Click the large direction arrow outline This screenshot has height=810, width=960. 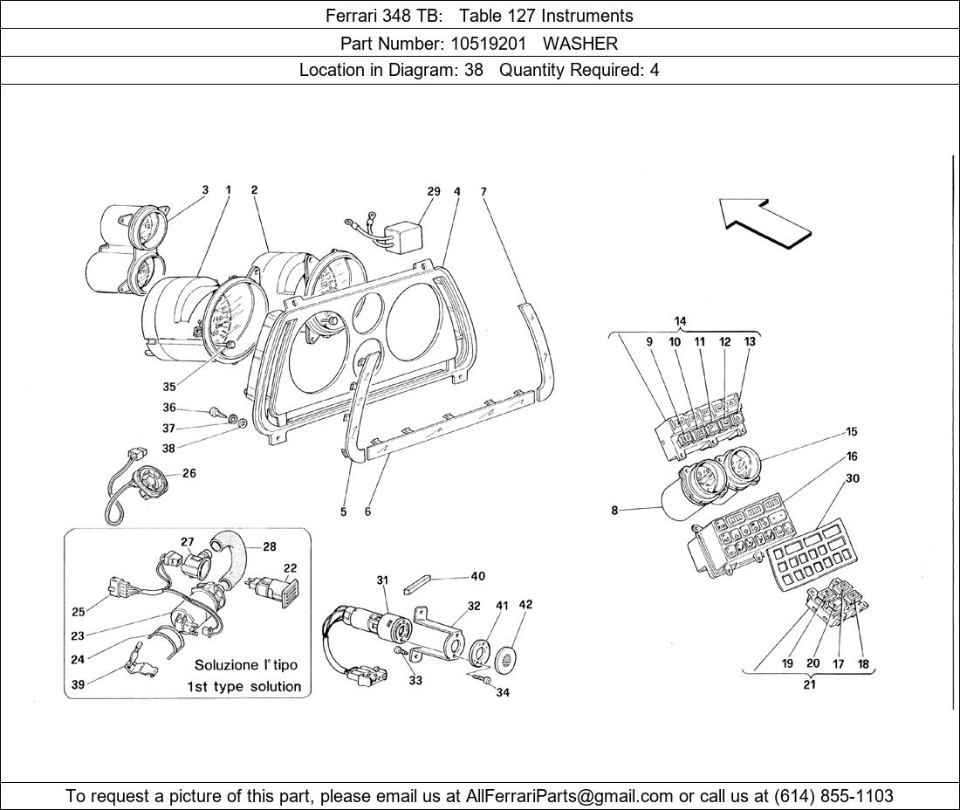click(x=765, y=223)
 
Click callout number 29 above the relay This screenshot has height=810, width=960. click(x=434, y=191)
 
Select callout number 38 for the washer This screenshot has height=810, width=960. click(x=168, y=449)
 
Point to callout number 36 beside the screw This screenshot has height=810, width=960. click(x=168, y=408)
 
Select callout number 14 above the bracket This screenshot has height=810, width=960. click(x=680, y=321)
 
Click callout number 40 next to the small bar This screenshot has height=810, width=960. click(x=477, y=576)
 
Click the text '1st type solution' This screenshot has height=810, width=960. click(x=243, y=687)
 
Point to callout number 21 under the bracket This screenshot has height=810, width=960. click(x=809, y=685)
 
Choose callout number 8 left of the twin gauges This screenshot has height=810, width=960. click(x=614, y=511)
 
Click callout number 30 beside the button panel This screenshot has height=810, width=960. click(x=852, y=478)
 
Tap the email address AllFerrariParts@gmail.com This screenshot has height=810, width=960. click(x=570, y=796)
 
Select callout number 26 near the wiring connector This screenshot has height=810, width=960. click(x=189, y=474)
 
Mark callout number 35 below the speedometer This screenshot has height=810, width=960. click(x=168, y=387)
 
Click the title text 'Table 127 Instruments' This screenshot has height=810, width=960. click(x=546, y=15)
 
